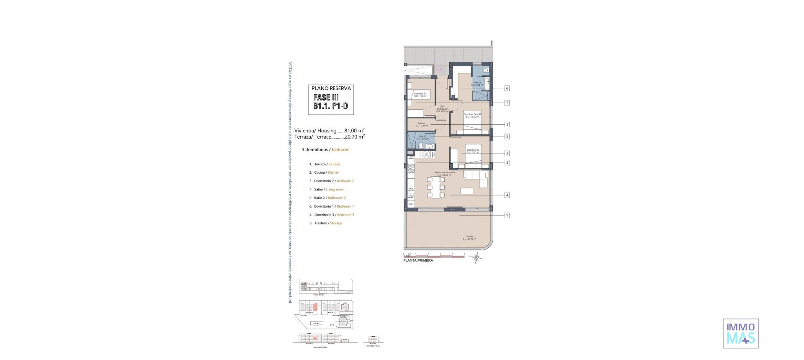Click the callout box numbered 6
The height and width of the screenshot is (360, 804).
[x=507, y=88]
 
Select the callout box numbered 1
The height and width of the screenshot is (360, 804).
[x=507, y=216]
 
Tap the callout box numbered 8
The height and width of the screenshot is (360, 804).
[x=507, y=124]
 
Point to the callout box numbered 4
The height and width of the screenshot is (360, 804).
[x=507, y=195]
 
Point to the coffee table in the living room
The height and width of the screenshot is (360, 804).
[x=467, y=191]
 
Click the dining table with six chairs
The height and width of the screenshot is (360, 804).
[x=435, y=187]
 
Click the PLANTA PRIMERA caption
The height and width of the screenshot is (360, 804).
[x=418, y=260]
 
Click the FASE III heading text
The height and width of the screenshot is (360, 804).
[x=326, y=97]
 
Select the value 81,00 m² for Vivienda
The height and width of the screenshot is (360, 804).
[x=354, y=131]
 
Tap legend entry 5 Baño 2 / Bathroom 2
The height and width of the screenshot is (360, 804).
[x=330, y=198]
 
